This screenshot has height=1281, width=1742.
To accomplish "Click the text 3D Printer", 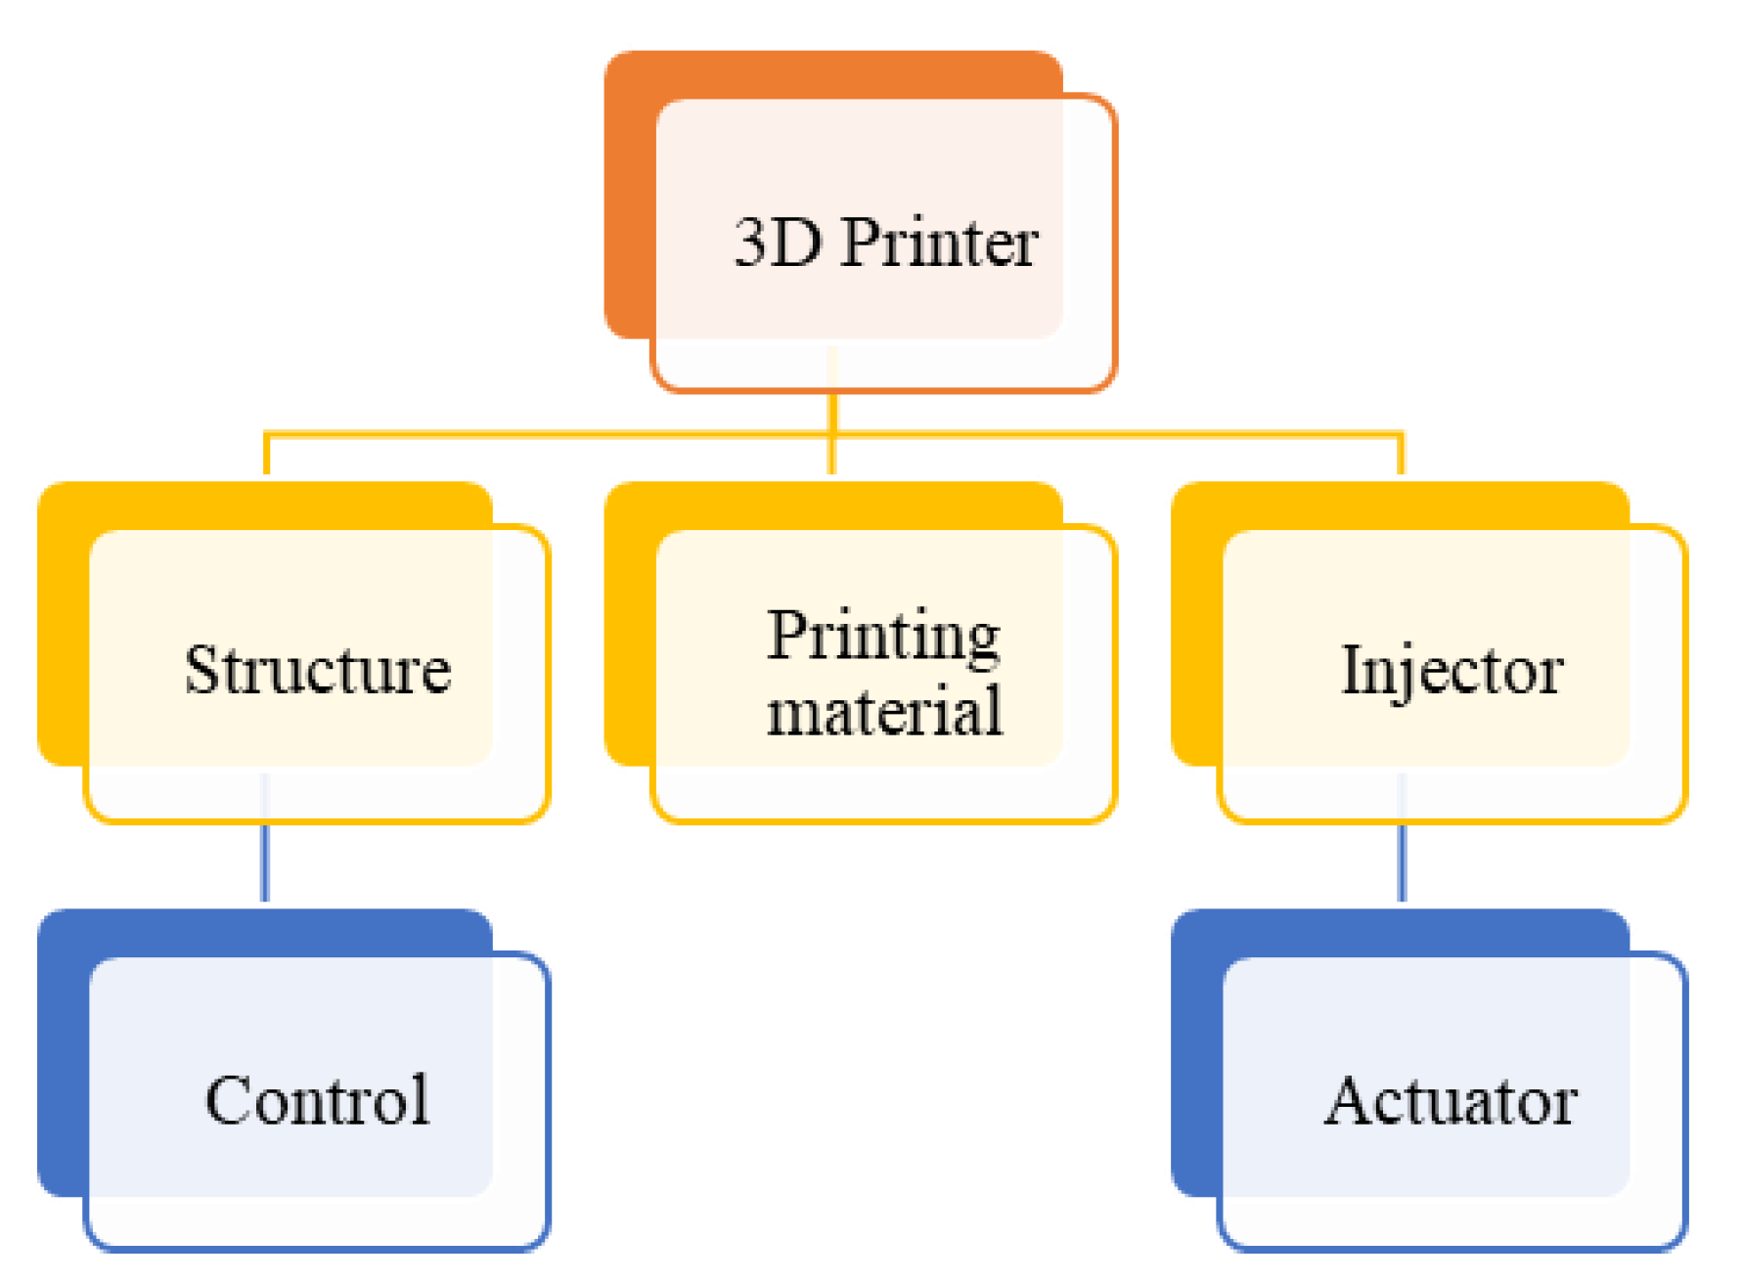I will (x=885, y=243).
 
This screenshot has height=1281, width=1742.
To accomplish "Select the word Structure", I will (x=318, y=671).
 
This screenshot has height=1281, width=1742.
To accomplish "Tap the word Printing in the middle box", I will (x=882, y=637).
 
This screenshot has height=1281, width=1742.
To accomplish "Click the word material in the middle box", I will (x=884, y=711).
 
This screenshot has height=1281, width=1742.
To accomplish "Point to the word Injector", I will (x=1452, y=671).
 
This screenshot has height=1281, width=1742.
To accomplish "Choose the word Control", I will (x=318, y=1100).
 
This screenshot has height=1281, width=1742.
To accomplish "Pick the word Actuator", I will (x=1451, y=1101).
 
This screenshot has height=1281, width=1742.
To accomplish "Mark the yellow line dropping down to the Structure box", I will (x=267, y=455).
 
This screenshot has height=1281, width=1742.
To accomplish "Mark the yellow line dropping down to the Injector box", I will (x=1402, y=455).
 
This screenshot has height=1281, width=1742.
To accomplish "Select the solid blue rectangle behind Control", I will (x=62, y=1056).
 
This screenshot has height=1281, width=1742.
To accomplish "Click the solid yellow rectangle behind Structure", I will (x=62, y=626).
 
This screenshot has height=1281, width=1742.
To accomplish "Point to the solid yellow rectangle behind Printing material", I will (x=628, y=626).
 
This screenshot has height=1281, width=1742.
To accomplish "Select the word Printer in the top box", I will (x=939, y=243).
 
